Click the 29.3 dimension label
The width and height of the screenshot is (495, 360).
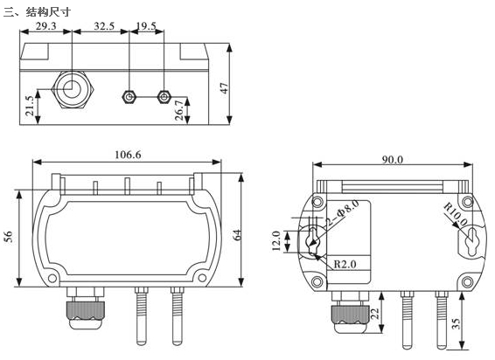pyautogui.click(x=45, y=26)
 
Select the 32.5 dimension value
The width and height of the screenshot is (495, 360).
pyautogui.click(x=104, y=26)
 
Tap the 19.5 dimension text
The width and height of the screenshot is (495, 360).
pyautogui.click(x=146, y=26)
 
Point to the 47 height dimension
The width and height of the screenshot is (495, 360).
pyautogui.click(x=224, y=87)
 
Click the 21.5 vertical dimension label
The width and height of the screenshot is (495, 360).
pyautogui.click(x=30, y=106)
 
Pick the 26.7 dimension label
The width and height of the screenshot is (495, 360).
pyautogui.click(x=179, y=110)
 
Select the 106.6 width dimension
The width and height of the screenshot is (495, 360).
pyautogui.click(x=128, y=155)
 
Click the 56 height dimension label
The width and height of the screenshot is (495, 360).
pyautogui.click(x=10, y=237)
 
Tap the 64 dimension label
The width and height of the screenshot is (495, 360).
pyautogui.click(x=237, y=235)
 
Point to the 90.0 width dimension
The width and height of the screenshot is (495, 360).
pyautogui.click(x=393, y=160)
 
